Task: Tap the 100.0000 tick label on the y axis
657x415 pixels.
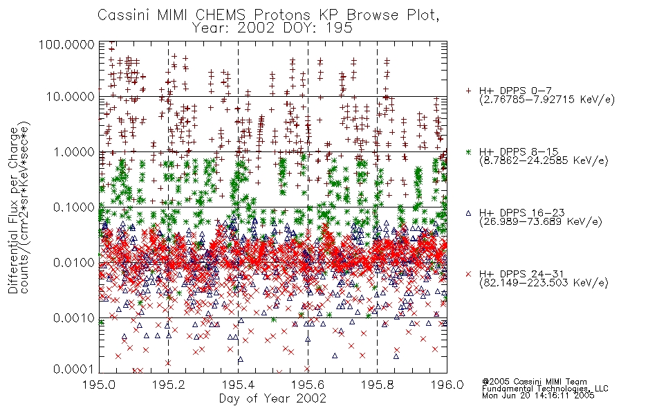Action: pyautogui.click(x=66, y=44)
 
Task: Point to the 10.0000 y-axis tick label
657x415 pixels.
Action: pyautogui.click(x=71, y=97)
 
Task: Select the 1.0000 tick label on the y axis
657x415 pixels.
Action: pyautogui.click(x=74, y=151)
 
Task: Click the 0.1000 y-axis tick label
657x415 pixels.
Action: pyautogui.click(x=74, y=207)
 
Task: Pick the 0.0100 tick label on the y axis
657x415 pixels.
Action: pyautogui.click(x=74, y=263)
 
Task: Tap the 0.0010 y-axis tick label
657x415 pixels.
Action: pyautogui.click(x=74, y=318)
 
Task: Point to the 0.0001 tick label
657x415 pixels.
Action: pyautogui.click(x=74, y=369)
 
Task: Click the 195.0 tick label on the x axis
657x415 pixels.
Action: pyautogui.click(x=99, y=385)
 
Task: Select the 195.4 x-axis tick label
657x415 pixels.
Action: pyautogui.click(x=238, y=385)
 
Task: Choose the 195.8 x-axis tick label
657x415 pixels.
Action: pyautogui.click(x=377, y=385)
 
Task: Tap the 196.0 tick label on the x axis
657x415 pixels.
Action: pyautogui.click(x=447, y=385)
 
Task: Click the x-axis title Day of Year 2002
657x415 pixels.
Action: pyautogui.click(x=272, y=398)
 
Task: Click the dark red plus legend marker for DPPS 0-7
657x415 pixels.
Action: pyautogui.click(x=468, y=91)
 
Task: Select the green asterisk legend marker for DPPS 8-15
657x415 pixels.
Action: pyautogui.click(x=468, y=151)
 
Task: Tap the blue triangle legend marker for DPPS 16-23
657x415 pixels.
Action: pyautogui.click(x=468, y=213)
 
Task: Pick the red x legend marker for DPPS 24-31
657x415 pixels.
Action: pyautogui.click(x=468, y=274)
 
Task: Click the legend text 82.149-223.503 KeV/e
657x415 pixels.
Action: pyautogui.click(x=544, y=283)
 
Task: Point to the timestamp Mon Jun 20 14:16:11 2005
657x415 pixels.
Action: pyautogui.click(x=538, y=396)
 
